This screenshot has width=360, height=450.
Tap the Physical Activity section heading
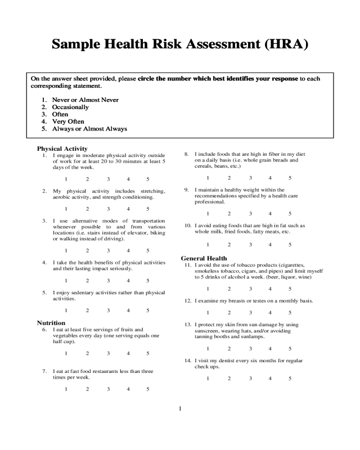pyautogui.click(x=62, y=149)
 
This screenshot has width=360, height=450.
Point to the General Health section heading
pyautogui.click(x=204, y=258)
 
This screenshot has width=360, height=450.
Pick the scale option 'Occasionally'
pyautogui.click(x=70, y=107)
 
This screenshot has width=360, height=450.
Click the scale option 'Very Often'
pyautogui.click(x=68, y=121)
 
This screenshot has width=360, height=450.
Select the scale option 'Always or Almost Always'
pyautogui.click(x=89, y=129)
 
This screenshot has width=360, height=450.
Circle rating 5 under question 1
pyautogui.click(x=148, y=179)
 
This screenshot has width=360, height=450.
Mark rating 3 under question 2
pyautogui.click(x=107, y=209)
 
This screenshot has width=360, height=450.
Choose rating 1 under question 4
pyautogui.click(x=66, y=280)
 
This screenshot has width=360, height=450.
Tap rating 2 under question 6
pyautogui.click(x=87, y=353)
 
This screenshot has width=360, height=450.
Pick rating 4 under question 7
pyautogui.click(x=128, y=389)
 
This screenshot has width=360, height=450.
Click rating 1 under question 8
pyautogui.click(x=208, y=178)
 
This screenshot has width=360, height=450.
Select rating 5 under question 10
pyautogui.click(x=290, y=244)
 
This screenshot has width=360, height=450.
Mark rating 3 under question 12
pyautogui.click(x=250, y=312)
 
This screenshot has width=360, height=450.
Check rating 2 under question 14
pyautogui.click(x=229, y=378)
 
